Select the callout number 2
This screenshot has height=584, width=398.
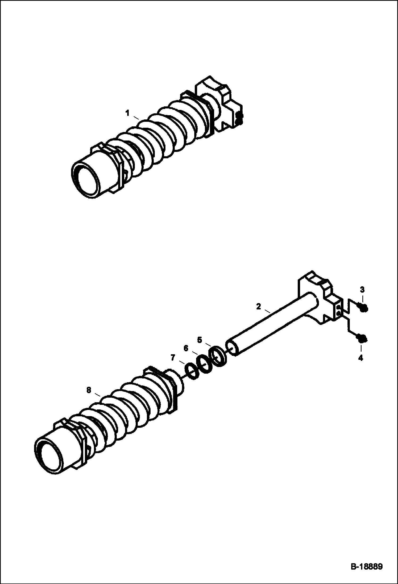pyautogui.click(x=258, y=306)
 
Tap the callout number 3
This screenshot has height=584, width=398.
pyautogui.click(x=362, y=289)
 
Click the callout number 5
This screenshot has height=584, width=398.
pyautogui.click(x=200, y=340)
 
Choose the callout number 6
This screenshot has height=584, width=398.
pyautogui.click(x=186, y=348)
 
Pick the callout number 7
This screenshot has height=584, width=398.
pyautogui.click(x=173, y=357)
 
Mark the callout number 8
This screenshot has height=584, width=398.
pyautogui.click(x=89, y=390)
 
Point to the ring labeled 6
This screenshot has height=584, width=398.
pyautogui.click(x=204, y=364)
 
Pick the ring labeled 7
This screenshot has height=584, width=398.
pyautogui.click(x=192, y=372)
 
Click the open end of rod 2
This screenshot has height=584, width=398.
pyautogui.click(x=232, y=348)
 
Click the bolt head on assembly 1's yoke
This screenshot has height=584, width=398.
pyautogui.click(x=239, y=118)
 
